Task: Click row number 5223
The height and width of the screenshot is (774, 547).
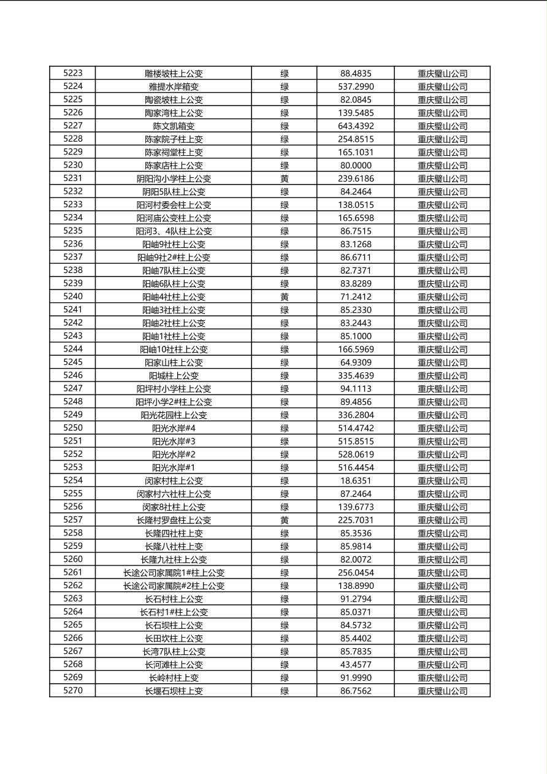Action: coord(72,73)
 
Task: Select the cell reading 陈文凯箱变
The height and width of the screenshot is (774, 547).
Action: coord(174,126)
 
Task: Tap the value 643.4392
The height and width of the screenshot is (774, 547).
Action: coord(356,126)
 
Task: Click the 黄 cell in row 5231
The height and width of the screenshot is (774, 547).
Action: coord(285,178)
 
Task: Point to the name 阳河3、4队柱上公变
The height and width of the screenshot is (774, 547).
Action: coord(174,231)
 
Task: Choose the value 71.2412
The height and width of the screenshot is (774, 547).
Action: coord(356,297)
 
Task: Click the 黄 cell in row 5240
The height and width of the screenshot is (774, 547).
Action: coord(285,297)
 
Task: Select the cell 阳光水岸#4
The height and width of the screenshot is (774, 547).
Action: coord(174,428)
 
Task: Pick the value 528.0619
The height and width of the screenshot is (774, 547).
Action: coord(356,454)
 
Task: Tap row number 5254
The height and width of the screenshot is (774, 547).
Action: coord(72,480)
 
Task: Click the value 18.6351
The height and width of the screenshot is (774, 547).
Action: coord(356,481)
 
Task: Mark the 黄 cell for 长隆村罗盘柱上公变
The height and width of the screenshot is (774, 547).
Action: coord(285,520)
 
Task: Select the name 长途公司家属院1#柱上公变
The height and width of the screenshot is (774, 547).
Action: coord(174,573)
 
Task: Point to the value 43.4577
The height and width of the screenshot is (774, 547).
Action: coord(356,665)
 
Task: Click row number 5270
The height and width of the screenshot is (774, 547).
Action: coord(72,691)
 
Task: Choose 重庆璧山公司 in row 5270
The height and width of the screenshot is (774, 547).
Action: coord(442,691)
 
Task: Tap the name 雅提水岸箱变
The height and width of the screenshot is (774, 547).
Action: coord(174,86)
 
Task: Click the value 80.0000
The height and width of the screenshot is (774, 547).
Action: coord(356,166)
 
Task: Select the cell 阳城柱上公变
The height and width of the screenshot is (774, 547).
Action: coord(174,375)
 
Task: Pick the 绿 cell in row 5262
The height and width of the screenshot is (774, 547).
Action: coord(285,586)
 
